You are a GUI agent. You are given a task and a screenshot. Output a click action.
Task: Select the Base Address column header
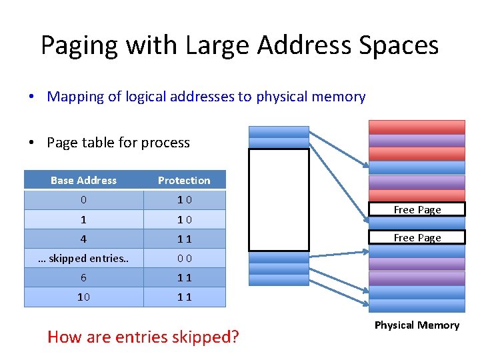(x=83, y=180)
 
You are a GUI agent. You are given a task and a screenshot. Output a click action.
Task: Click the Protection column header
(x=184, y=180)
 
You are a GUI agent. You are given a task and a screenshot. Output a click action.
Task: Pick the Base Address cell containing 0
(x=83, y=200)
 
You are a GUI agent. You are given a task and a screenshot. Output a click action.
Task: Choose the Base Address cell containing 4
(x=83, y=239)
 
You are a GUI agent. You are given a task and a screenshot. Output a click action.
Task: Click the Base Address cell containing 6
(x=83, y=277)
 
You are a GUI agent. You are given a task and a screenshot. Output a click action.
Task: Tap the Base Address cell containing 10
(x=83, y=297)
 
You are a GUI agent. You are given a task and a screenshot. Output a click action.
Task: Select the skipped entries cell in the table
(x=83, y=258)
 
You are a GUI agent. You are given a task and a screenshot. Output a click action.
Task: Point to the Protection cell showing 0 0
(x=184, y=258)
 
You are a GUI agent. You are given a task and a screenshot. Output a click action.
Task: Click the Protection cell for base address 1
(x=184, y=219)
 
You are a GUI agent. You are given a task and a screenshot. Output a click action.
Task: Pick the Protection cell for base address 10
(x=184, y=297)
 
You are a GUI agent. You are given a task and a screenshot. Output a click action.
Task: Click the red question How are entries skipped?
(x=143, y=337)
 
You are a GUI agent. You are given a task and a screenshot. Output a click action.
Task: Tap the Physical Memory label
(x=417, y=325)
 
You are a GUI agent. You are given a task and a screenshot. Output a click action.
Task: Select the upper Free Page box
(x=417, y=209)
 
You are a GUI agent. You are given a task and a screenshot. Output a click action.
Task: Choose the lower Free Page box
(x=417, y=237)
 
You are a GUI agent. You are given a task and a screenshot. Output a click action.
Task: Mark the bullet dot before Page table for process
(x=31, y=143)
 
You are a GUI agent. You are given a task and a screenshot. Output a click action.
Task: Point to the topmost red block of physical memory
(x=417, y=127)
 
